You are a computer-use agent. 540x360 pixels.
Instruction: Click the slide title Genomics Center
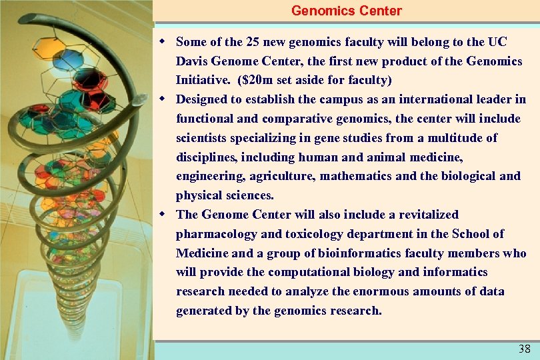click(x=347, y=11)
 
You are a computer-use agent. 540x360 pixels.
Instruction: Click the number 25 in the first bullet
click(x=253, y=42)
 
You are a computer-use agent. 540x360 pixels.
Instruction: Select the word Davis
click(x=192, y=61)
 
